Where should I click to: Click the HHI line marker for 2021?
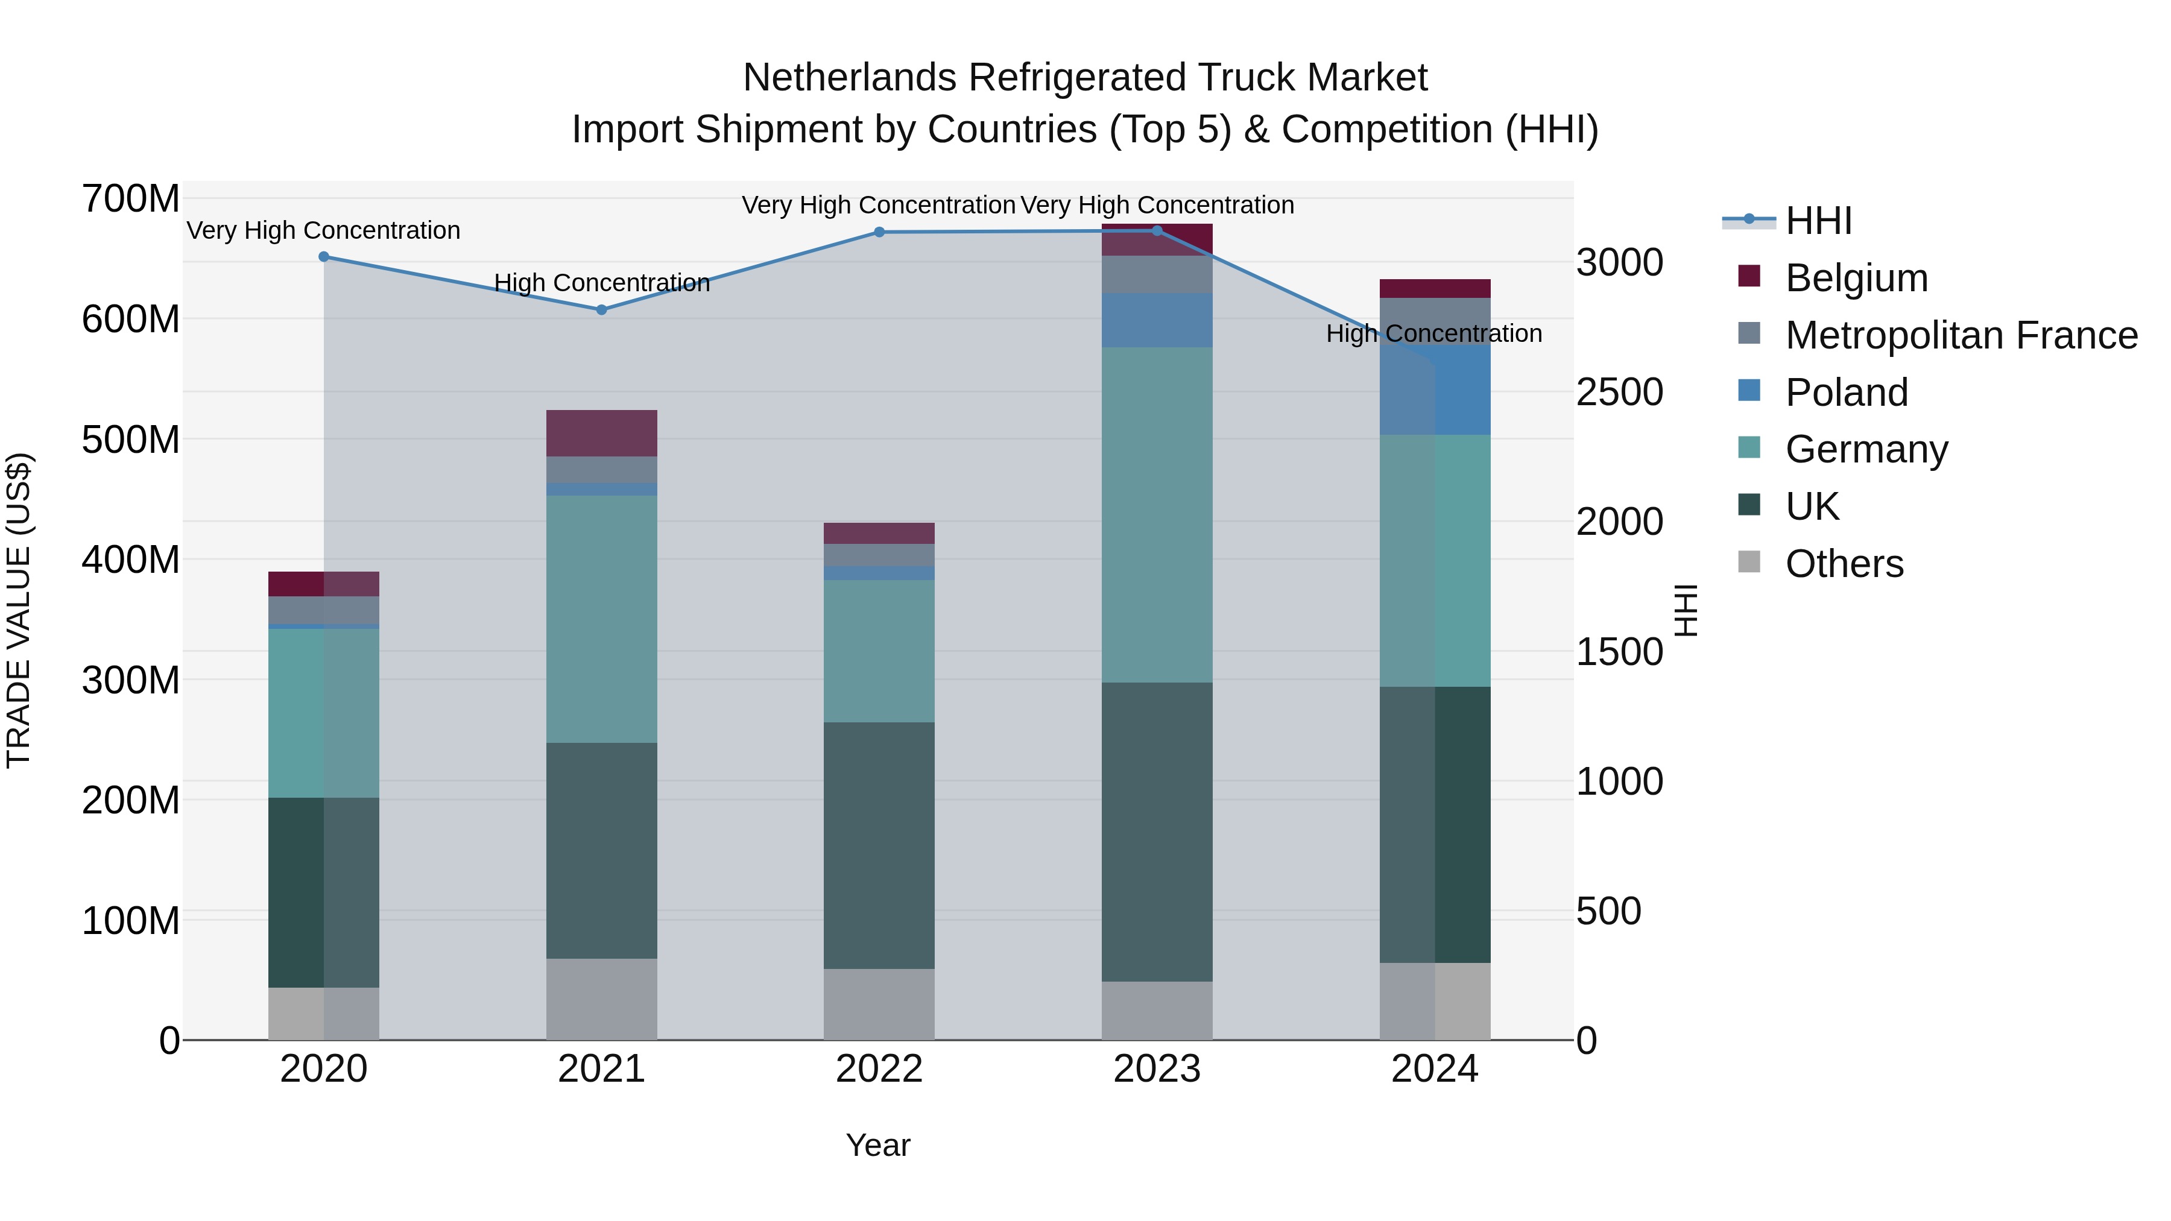pos(601,310)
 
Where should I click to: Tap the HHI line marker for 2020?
pos(324,257)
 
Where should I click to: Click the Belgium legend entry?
pos(1856,278)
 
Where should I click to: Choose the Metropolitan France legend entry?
pos(1961,335)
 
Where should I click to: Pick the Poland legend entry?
pos(1846,393)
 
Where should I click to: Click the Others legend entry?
pos(1844,564)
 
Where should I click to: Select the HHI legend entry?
pos(1818,221)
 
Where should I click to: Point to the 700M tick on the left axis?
pos(131,200)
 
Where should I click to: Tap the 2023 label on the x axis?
pos(1156,1069)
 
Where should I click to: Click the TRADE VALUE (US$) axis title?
pos(19,610)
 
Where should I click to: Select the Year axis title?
pos(878,1145)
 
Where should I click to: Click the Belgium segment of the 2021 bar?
pos(601,433)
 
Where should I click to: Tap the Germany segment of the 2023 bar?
pos(1156,514)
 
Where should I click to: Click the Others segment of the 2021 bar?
pos(601,999)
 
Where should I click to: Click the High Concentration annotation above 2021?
pos(601,283)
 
